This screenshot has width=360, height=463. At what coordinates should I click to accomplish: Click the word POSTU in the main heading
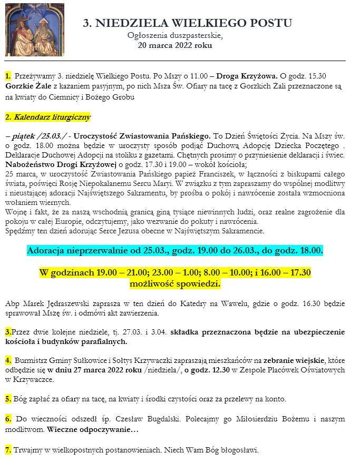[268, 23]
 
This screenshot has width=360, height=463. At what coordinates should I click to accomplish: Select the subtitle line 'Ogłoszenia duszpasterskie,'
[175, 35]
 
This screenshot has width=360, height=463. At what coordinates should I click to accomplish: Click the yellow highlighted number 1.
[8, 76]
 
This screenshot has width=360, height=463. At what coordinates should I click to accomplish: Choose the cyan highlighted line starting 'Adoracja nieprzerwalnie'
[174, 250]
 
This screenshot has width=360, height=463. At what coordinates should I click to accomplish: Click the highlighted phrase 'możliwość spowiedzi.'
[174, 284]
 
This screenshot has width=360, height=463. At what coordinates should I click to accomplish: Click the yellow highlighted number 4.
[8, 361]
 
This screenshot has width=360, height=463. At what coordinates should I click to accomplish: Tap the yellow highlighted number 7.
[8, 450]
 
